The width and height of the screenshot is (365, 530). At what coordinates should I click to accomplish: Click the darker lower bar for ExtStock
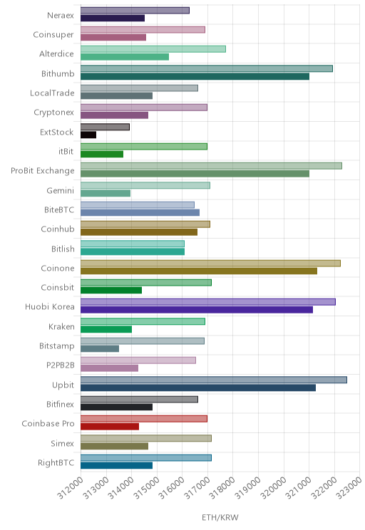(x=88, y=135)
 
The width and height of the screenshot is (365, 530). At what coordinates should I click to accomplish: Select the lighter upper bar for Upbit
(x=214, y=380)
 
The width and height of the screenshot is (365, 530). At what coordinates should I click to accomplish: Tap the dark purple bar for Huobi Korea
(x=197, y=310)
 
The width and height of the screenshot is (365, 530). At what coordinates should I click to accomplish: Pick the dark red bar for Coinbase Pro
(x=110, y=427)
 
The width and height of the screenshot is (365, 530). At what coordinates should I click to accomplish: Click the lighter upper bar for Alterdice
(x=153, y=49)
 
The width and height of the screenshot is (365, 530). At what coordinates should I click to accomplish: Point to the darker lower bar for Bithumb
(x=195, y=76)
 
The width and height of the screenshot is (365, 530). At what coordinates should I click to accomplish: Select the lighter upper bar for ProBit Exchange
(x=211, y=165)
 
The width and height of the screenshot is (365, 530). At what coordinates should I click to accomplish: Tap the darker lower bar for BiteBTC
(x=140, y=212)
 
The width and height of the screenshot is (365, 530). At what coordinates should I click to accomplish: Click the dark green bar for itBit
(x=102, y=154)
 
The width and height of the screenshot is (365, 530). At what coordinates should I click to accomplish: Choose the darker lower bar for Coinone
(x=199, y=271)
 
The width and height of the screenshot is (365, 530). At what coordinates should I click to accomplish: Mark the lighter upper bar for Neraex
(x=135, y=11)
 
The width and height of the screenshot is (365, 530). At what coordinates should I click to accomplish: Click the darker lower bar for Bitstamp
(x=100, y=348)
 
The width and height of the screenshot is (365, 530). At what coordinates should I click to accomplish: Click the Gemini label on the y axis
(x=60, y=191)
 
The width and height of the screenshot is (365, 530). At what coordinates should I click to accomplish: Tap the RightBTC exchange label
(x=56, y=463)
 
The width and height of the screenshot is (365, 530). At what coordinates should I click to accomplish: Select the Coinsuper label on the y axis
(x=53, y=34)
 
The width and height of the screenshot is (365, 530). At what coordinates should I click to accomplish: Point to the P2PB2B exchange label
(x=60, y=365)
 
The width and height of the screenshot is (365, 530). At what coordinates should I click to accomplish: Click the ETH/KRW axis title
(x=220, y=517)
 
